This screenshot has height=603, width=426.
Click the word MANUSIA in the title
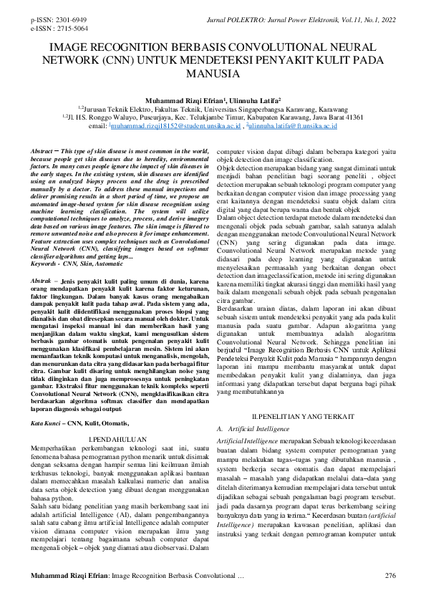[x=213, y=74]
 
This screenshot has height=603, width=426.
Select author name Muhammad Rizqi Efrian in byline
[x=183, y=101]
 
